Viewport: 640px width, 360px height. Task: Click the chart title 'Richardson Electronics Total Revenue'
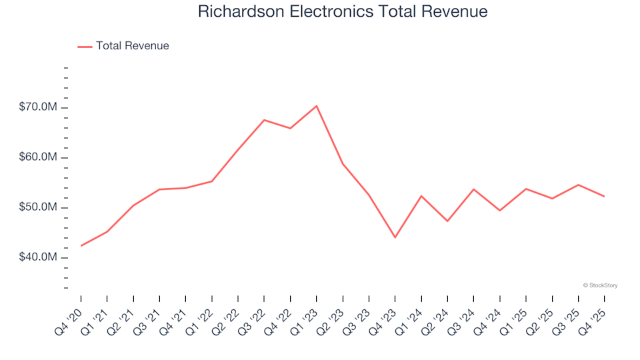pos(343,12)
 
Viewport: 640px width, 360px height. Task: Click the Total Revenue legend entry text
pos(132,46)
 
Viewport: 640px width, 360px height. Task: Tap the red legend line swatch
pos(85,46)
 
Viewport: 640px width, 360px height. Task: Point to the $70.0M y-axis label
pos(37,108)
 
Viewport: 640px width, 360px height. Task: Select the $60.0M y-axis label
pos(37,158)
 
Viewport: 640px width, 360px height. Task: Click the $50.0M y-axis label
pos(37,207)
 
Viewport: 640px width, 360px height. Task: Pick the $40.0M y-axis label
pos(37,257)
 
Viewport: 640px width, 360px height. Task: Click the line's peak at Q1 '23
pos(317,106)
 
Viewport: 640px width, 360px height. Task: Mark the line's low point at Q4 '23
pos(395,237)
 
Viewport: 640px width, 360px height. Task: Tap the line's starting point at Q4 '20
pos(81,246)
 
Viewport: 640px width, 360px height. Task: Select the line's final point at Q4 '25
pos(604,196)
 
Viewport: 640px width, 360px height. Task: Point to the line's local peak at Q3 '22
pos(264,120)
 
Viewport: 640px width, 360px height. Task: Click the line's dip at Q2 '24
pos(447,221)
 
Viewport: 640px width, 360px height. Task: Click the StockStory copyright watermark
pos(600,285)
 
